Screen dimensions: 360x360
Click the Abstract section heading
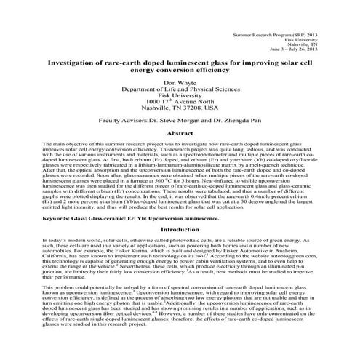tap(180, 134)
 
